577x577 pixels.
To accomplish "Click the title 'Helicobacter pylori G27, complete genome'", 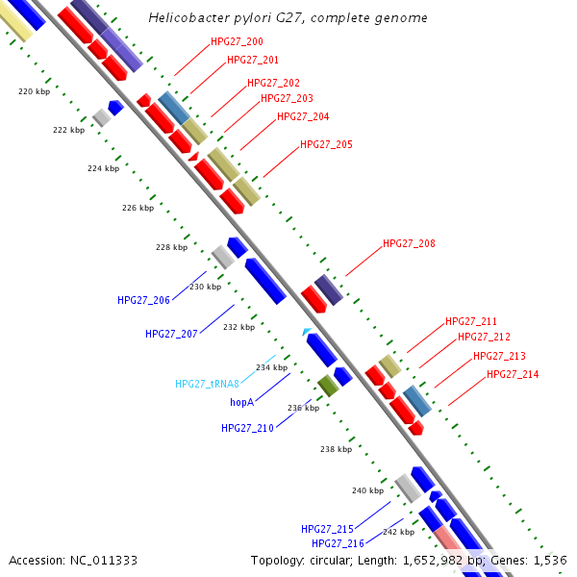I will point(288,18).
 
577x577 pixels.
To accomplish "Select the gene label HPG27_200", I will point(237,42).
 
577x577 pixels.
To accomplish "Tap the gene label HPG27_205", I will point(326,144).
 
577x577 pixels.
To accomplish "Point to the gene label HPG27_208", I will point(409,244).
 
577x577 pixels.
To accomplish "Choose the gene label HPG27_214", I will point(513,375).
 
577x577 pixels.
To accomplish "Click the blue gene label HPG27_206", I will point(143,300).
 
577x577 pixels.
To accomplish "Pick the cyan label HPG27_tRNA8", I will point(207,384).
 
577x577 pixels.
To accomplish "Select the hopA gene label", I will point(241,402).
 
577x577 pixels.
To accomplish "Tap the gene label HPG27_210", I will point(247,428).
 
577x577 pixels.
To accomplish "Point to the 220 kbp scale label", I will point(35,92).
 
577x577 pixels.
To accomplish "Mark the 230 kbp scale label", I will point(205,287).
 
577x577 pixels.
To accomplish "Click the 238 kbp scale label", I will point(336,449).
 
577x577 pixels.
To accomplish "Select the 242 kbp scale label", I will point(398,532).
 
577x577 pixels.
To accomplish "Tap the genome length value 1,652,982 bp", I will point(441,560).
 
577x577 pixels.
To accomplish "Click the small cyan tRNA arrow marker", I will point(307,332).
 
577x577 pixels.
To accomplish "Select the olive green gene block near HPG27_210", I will point(329,387).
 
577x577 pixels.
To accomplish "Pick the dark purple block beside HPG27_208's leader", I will point(329,289).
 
